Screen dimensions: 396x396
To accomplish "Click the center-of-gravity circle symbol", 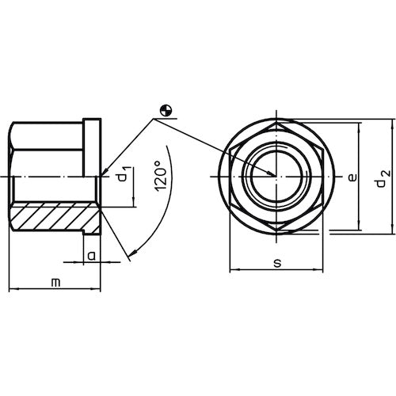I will [x=164, y=112].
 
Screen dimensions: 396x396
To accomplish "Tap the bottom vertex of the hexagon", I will [x=273, y=229].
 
